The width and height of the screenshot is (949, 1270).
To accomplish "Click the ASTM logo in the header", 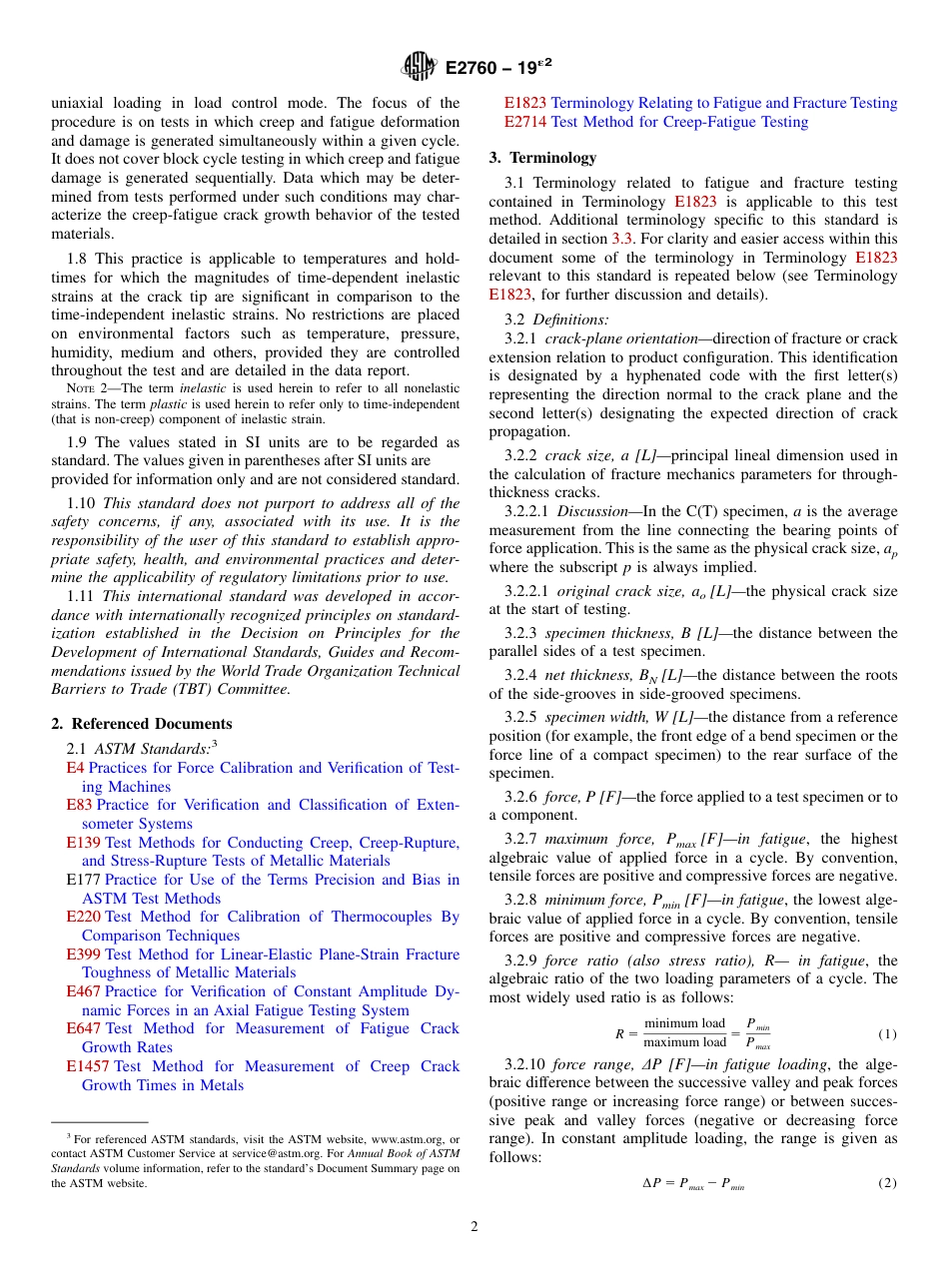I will (x=420, y=67).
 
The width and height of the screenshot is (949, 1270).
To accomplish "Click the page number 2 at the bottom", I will (x=474, y=1227).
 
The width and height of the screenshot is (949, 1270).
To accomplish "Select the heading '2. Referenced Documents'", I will (x=142, y=724).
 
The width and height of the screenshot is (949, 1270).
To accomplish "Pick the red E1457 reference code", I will (x=88, y=1066).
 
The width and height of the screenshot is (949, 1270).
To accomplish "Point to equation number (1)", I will (x=887, y=1033).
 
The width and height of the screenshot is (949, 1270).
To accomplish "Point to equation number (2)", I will (x=887, y=1183).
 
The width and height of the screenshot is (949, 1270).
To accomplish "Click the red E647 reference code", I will (x=84, y=1028).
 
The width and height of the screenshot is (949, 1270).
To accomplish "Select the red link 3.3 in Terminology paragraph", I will (x=621, y=239).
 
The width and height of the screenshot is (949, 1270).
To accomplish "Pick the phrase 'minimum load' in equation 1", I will (x=684, y=1023).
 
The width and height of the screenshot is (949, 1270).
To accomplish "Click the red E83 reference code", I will (x=80, y=805).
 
